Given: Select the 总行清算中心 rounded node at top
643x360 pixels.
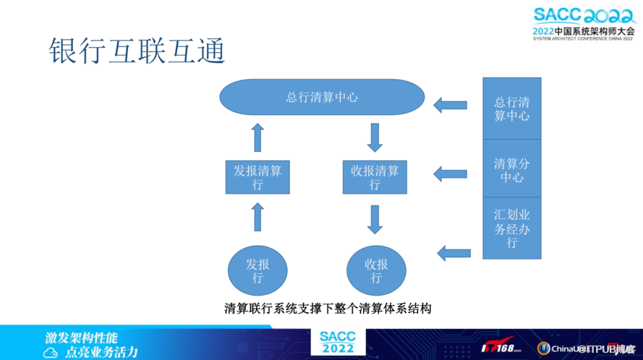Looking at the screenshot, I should pyautogui.click(x=322, y=97).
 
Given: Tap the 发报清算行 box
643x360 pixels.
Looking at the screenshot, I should pyautogui.click(x=257, y=177).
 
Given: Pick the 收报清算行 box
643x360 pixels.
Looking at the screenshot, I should pyautogui.click(x=375, y=177).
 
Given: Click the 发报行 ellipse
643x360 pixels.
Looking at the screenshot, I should pyautogui.click(x=257, y=270).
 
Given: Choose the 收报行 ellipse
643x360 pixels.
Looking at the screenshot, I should pyautogui.click(x=376, y=270).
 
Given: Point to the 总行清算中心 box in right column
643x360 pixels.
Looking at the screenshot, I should pyautogui.click(x=512, y=108).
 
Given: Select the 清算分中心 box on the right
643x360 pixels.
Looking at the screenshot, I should pyautogui.click(x=512, y=169).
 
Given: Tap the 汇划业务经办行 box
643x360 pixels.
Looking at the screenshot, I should pyautogui.click(x=512, y=228).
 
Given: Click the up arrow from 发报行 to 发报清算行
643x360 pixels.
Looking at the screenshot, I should pyautogui.click(x=257, y=217).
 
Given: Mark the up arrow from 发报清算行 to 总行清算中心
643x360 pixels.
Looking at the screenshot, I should pyautogui.click(x=257, y=137).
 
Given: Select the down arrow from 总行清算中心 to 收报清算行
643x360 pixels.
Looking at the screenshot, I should pyautogui.click(x=375, y=137).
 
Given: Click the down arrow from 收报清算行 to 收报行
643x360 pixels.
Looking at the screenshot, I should pyautogui.click(x=375, y=219).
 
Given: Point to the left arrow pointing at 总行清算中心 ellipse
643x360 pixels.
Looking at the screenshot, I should pyautogui.click(x=451, y=105).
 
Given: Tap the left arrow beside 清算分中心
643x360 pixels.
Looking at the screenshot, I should pyautogui.click(x=451, y=173).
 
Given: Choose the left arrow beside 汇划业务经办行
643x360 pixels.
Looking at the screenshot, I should pyautogui.click(x=454, y=252).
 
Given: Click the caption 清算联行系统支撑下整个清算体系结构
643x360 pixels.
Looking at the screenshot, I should pyautogui.click(x=328, y=309).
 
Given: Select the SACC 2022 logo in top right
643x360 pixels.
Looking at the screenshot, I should pyautogui.click(x=582, y=24).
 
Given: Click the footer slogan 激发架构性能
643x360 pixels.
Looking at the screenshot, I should pyautogui.click(x=82, y=338).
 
